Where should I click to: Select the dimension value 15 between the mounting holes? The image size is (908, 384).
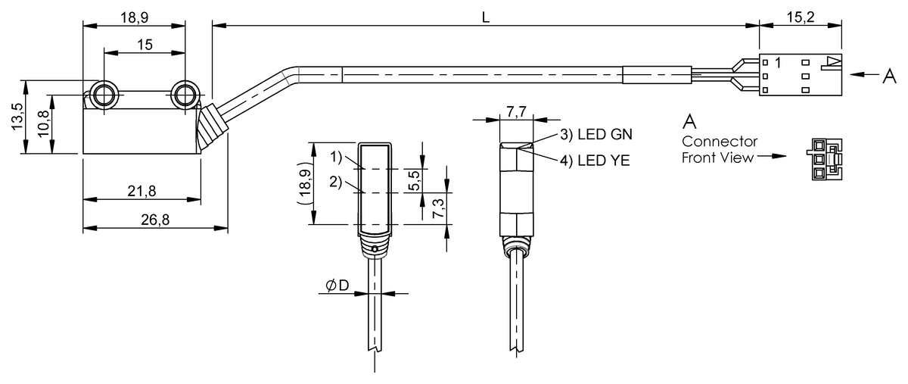pos(145,45)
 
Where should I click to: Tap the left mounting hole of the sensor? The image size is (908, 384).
pos(103,95)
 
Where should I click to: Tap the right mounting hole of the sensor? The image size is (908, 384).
pos(184,95)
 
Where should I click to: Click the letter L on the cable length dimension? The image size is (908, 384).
pos(486,17)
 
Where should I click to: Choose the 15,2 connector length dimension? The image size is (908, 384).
pos(800,17)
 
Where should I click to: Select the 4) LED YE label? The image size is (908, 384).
pos(595,160)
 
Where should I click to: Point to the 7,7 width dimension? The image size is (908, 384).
pos(517,112)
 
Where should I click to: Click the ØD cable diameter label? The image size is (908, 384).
pos(337,286)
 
